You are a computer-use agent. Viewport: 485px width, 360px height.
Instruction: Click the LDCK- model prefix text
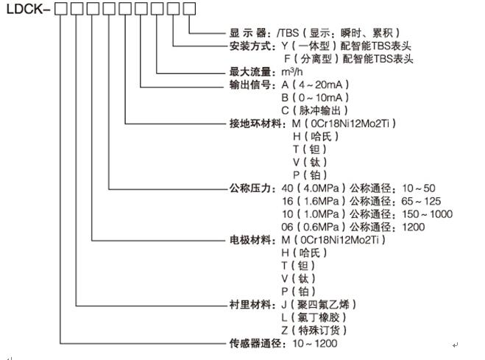28,9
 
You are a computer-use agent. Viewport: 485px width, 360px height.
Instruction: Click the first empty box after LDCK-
60,9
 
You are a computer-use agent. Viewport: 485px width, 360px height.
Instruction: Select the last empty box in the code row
189,9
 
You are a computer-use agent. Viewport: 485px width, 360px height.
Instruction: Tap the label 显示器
248,33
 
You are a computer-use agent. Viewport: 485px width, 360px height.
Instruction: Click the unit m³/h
292,71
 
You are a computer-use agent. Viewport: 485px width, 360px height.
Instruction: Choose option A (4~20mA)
315,85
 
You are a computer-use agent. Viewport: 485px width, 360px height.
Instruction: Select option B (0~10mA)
315,98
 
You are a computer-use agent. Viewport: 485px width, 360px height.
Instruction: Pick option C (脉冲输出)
314,110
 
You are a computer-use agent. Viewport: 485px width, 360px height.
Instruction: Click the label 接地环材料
255,124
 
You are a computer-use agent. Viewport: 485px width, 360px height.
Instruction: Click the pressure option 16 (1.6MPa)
314,201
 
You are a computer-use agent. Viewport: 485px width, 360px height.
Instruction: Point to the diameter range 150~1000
427,214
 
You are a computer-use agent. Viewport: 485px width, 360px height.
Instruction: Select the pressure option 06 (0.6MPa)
314,227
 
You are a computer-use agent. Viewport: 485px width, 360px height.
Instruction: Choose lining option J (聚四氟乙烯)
319,305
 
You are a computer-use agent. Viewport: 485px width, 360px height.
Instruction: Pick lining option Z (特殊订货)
314,331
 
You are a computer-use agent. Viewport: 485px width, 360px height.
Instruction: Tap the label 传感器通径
255,343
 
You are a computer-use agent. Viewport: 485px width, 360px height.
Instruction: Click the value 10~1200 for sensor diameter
315,343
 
